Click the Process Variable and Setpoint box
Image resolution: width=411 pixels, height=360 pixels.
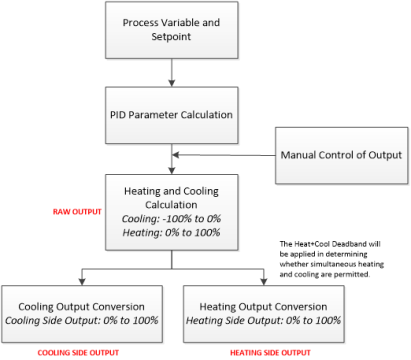click(x=173, y=30)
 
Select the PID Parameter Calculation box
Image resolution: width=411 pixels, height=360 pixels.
click(x=173, y=114)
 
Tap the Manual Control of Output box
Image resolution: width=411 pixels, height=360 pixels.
click(x=340, y=154)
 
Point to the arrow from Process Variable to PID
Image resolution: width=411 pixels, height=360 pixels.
click(x=173, y=73)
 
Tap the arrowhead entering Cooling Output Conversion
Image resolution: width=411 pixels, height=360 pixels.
click(x=82, y=280)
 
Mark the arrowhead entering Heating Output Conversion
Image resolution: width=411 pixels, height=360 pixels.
click(x=263, y=280)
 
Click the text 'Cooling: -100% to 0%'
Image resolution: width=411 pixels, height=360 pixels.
click(x=173, y=218)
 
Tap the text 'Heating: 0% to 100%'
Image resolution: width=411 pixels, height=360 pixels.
click(x=173, y=232)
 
